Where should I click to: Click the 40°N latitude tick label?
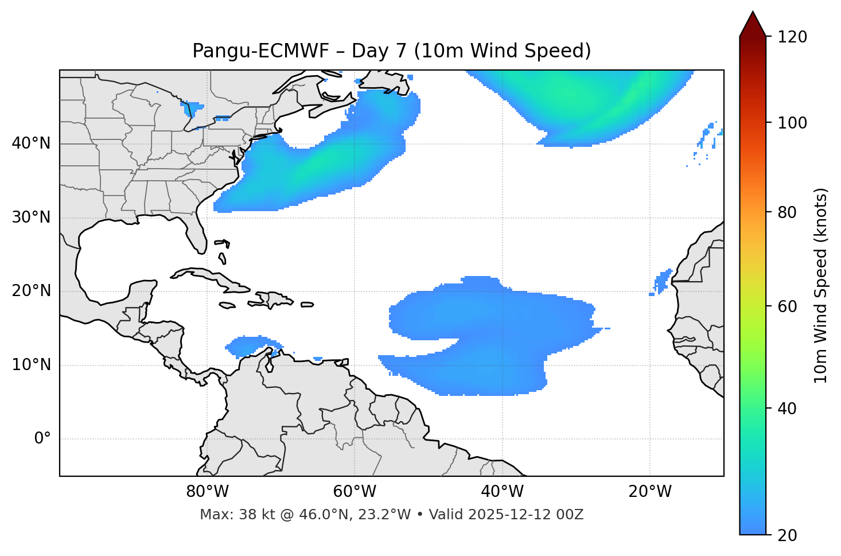[31, 143]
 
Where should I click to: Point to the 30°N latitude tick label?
[31, 217]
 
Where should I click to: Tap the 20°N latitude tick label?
[31, 291]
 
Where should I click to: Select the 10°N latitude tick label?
[31, 365]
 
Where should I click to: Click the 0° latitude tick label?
[42, 438]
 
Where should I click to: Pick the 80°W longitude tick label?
[207, 492]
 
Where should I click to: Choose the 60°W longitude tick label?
[355, 492]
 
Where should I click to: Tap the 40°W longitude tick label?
[502, 492]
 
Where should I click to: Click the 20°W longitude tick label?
[650, 492]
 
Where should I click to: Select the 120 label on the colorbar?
[793, 37]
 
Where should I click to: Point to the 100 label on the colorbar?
[793, 123]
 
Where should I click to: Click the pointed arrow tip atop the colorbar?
[753, 13]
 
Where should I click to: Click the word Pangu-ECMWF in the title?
[260, 51]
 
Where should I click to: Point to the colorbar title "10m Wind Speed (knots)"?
[821, 286]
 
